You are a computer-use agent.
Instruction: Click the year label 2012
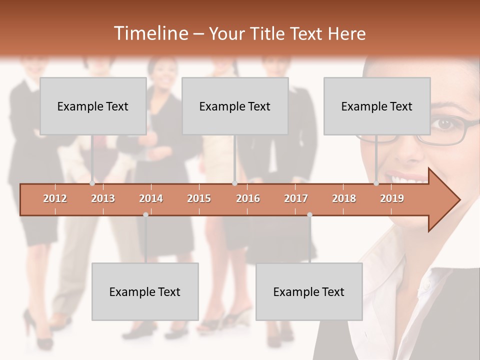(55, 198)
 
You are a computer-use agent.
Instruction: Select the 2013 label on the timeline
(103, 198)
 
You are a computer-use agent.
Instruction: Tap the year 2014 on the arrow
(151, 198)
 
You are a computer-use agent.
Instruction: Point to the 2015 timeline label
(199, 198)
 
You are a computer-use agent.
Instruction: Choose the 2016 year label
(248, 198)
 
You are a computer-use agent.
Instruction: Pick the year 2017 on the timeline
(296, 198)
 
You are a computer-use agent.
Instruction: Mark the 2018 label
(344, 198)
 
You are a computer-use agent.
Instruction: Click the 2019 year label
(392, 198)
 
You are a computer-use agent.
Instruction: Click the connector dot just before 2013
(92, 183)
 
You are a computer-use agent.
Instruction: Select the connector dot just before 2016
(234, 183)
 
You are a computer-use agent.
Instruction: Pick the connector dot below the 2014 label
(145, 214)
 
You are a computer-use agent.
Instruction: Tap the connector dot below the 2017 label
(309, 214)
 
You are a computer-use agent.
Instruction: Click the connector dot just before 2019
(376, 183)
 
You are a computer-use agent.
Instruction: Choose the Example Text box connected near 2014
(145, 291)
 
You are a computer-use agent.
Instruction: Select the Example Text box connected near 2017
(309, 291)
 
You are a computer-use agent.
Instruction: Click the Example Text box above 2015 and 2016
(235, 106)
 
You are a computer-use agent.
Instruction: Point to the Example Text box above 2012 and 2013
(93, 106)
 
